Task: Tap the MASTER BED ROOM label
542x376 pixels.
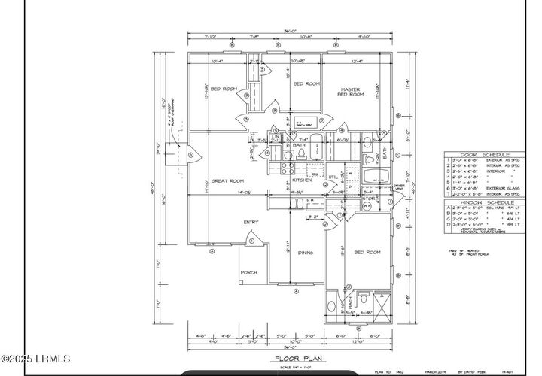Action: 350,92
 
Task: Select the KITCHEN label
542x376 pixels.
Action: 302,180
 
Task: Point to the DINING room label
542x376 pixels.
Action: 305,253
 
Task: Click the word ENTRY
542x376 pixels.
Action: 251,222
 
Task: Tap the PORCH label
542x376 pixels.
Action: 249,271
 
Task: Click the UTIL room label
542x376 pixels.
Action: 333,177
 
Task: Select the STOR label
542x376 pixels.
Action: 368,199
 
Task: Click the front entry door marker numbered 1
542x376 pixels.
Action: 252,241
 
